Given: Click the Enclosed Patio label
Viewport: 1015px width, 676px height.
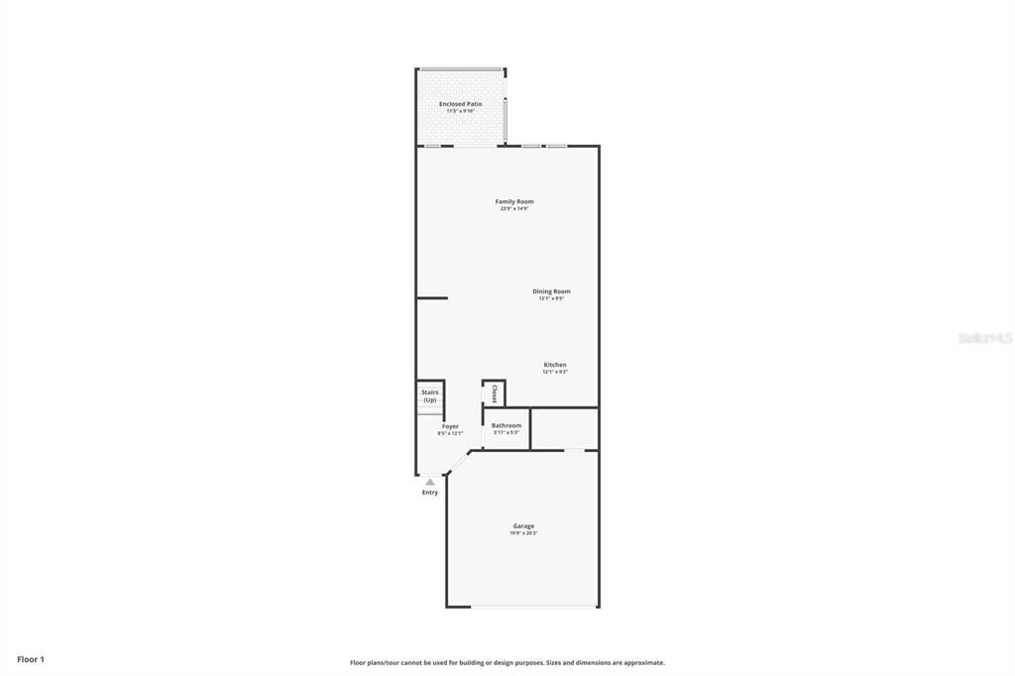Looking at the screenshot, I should click(460, 103).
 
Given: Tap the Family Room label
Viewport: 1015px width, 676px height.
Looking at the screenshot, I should click(514, 201).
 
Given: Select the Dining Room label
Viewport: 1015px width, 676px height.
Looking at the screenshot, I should click(551, 291).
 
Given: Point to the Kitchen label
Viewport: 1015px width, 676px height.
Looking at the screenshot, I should click(554, 365).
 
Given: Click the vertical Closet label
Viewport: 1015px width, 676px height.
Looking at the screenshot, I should click(494, 394).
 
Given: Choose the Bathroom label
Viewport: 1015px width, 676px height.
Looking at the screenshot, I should click(506, 425).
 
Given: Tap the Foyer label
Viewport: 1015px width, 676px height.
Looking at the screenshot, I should click(450, 426).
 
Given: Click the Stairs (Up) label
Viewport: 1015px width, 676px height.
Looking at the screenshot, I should click(429, 395).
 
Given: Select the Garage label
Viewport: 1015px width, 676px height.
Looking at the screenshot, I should click(523, 526).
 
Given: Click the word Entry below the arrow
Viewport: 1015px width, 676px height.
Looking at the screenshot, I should click(429, 493).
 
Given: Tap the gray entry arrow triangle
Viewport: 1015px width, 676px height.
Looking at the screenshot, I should click(430, 482).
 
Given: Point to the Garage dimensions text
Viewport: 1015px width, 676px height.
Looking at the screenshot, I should click(523, 533).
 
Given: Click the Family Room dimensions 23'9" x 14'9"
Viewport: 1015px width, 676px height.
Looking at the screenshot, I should click(514, 209).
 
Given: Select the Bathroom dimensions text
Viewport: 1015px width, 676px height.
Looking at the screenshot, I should click(506, 433).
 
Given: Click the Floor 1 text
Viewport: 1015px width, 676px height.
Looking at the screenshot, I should click(31, 659).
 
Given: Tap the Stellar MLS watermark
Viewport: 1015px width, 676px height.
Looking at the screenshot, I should click(984, 338).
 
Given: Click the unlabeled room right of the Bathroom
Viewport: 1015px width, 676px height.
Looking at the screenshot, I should click(564, 428).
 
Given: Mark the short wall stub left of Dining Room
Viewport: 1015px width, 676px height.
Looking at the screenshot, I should click(432, 297).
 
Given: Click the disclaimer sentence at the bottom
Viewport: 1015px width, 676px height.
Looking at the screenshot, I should click(507, 662).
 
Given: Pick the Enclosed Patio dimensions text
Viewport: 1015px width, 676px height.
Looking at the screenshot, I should click(460, 111).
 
